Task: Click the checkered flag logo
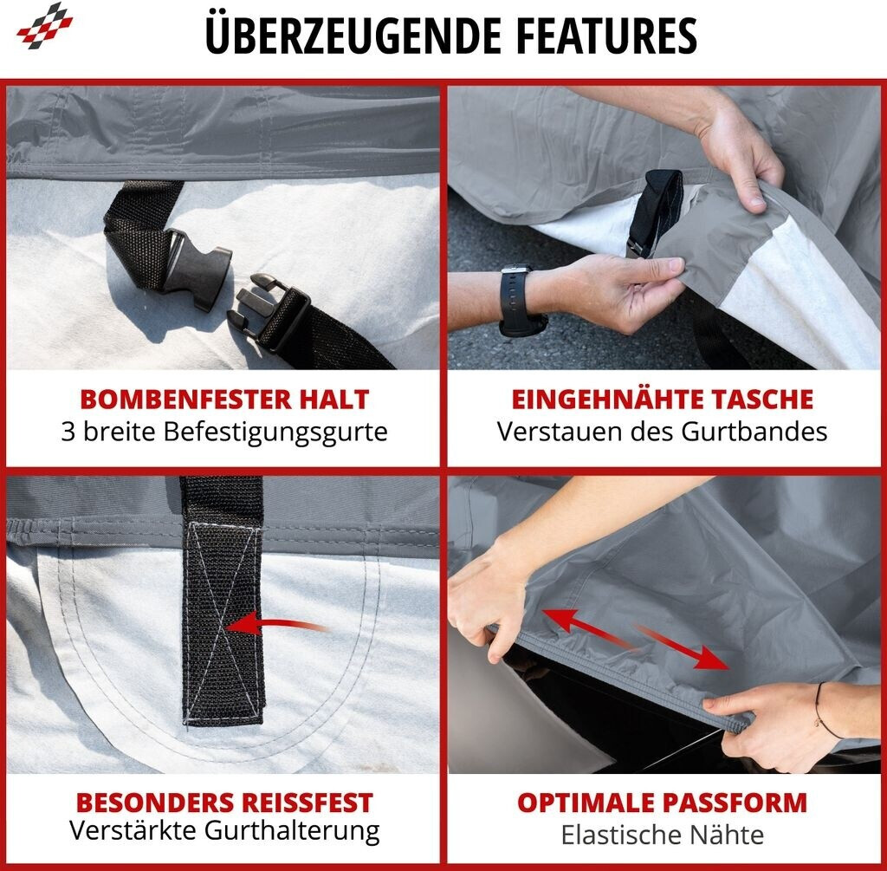click(x=45, y=25)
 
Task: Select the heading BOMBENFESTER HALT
click(x=224, y=400)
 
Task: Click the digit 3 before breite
click(x=68, y=432)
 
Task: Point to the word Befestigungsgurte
click(x=275, y=433)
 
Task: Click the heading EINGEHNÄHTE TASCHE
click(x=663, y=399)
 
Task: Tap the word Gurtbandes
click(x=754, y=432)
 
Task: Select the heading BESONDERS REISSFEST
click(x=224, y=803)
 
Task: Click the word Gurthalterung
click(x=292, y=831)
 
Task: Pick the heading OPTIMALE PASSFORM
click(x=663, y=803)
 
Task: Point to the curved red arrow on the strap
click(x=276, y=624)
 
